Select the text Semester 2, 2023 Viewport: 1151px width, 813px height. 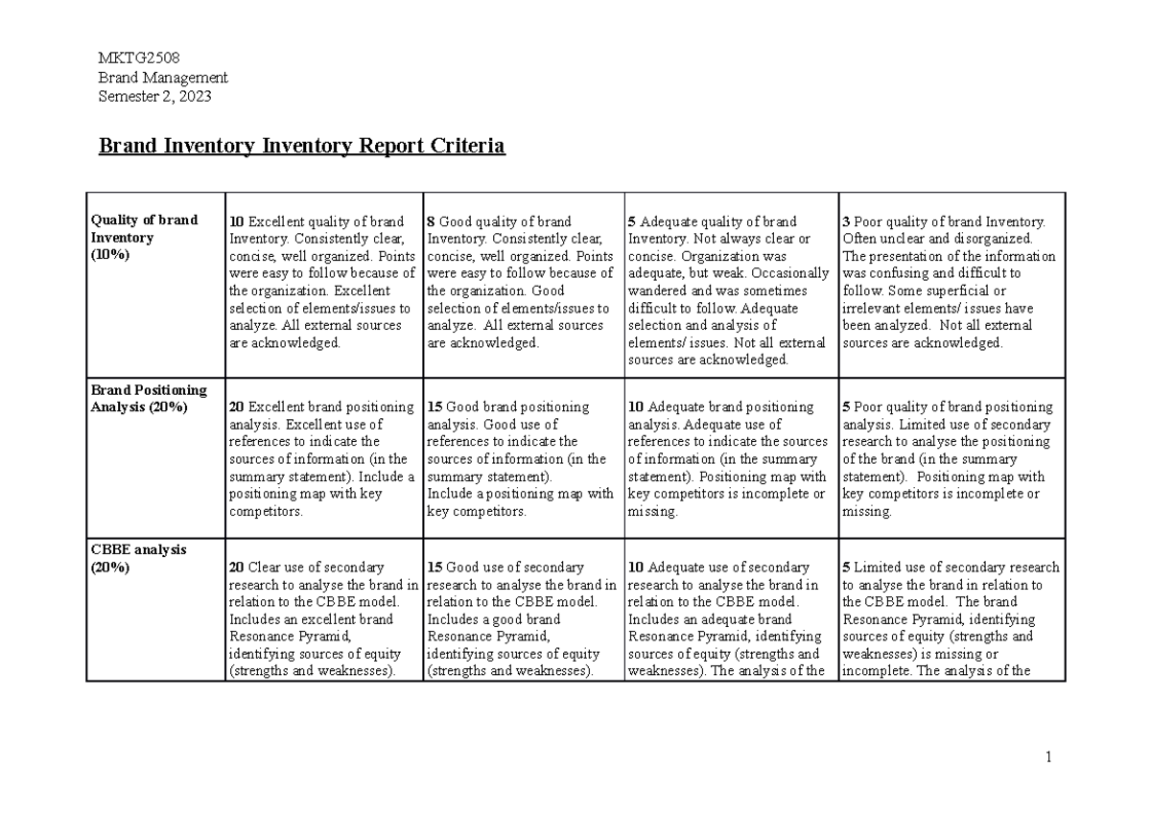155,96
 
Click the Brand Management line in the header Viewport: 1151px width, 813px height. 164,78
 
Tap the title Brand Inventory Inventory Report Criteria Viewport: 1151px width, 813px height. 302,146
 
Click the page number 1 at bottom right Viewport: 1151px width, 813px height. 1049,757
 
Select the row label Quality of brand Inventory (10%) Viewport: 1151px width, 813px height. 144,237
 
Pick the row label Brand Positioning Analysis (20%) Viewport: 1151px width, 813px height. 148,398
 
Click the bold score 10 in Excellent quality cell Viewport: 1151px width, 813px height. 237,221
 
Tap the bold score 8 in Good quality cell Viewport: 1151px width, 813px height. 432,221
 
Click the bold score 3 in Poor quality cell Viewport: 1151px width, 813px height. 846,221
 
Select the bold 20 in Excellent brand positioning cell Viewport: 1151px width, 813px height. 237,406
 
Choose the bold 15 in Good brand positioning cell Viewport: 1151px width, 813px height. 435,406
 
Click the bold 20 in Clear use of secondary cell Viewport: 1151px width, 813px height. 237,567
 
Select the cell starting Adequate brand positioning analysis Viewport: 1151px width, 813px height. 729,459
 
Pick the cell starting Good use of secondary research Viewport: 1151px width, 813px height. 522,618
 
